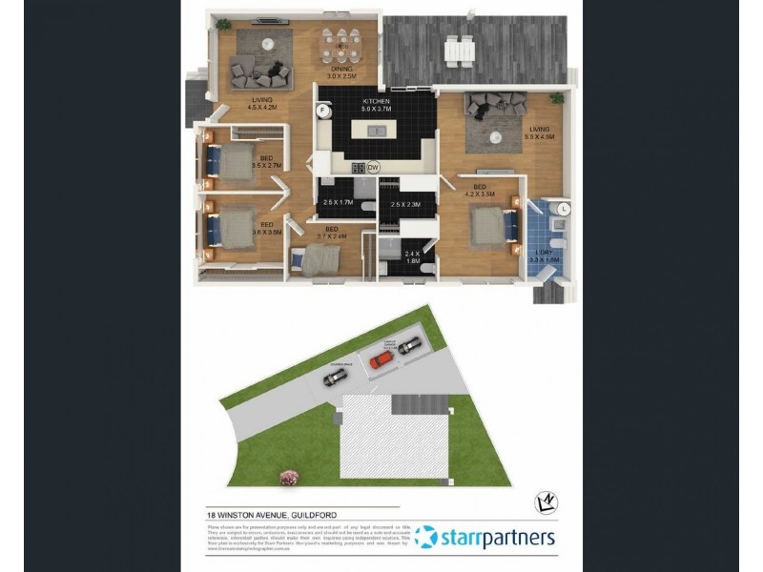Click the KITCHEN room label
click(x=377, y=101)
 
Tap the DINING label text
click(x=342, y=69)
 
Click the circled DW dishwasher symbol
click(x=373, y=167)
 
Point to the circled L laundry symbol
click(x=564, y=207)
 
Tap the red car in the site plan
click(x=381, y=359)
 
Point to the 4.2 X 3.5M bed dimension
click(x=480, y=194)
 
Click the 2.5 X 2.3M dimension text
click(x=405, y=204)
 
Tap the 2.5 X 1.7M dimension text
click(x=339, y=202)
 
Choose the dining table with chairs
click(x=341, y=44)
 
